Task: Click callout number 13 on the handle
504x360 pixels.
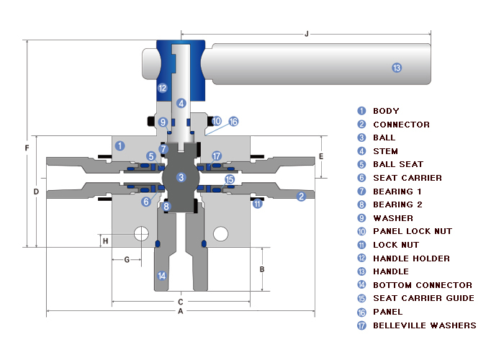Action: (x=396, y=68)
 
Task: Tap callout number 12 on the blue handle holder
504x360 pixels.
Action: (x=162, y=88)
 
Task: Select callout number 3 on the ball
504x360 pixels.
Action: (x=181, y=177)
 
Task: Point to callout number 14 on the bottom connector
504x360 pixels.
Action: (x=162, y=275)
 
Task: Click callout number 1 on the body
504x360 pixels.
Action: (x=120, y=145)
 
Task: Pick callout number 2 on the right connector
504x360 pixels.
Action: (x=302, y=196)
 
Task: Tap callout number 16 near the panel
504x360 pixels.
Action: (x=233, y=122)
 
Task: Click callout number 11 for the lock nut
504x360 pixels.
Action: (x=257, y=204)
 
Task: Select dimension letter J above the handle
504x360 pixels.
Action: (x=307, y=33)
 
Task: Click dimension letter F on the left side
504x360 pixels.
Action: (x=27, y=148)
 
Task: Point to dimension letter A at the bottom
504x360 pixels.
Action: (x=180, y=311)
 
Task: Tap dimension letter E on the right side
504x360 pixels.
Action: (x=321, y=156)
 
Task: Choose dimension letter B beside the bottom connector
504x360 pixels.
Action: (x=262, y=269)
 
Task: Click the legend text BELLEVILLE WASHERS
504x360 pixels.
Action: (x=424, y=325)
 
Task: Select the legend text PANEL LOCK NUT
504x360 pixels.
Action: (x=413, y=231)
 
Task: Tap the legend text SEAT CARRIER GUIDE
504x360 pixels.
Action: (x=423, y=298)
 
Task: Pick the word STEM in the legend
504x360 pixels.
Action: (x=385, y=151)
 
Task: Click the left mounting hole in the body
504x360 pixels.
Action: (x=141, y=233)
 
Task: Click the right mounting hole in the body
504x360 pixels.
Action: (x=221, y=233)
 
